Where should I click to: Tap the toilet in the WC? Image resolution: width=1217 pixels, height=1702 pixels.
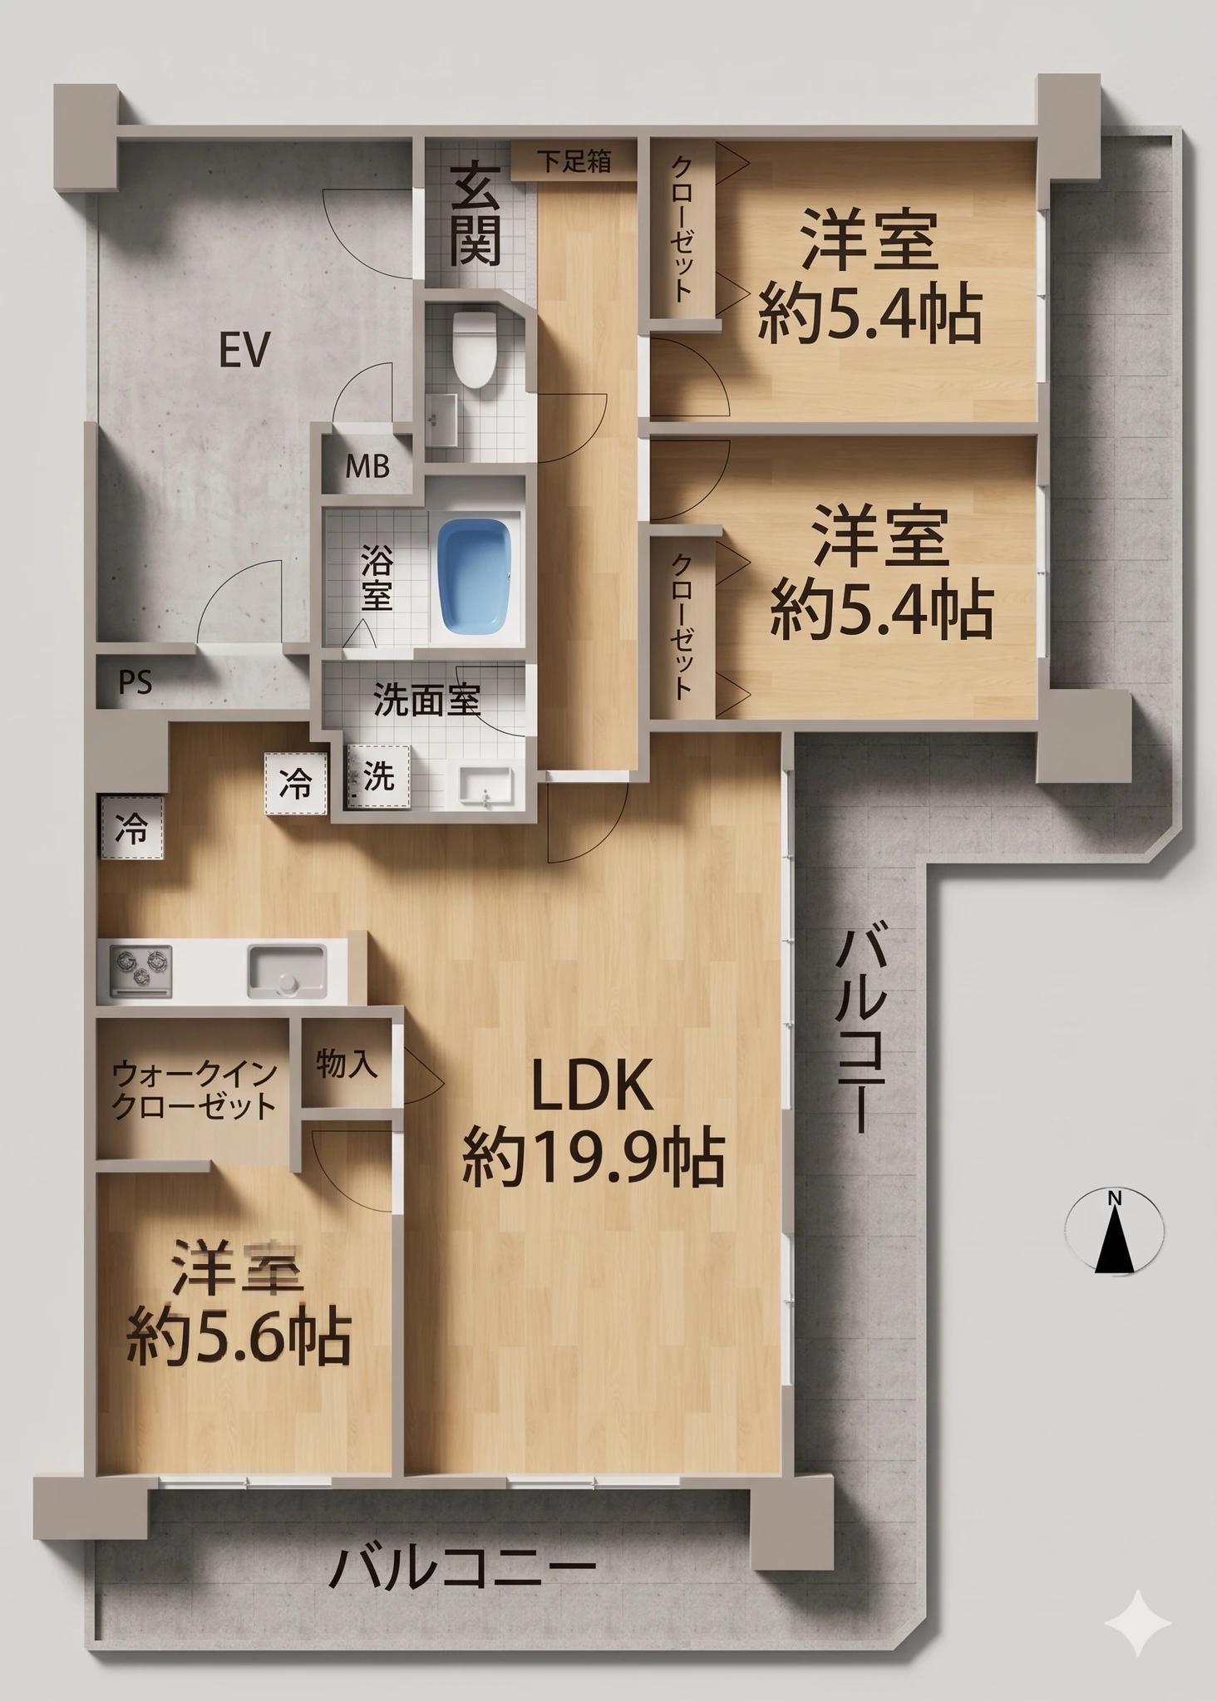coord(474,350)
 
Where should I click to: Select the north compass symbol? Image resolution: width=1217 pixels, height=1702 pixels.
coord(1115,1232)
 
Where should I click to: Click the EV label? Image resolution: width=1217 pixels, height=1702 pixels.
coord(244,350)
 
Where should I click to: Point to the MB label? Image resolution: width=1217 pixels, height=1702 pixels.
coord(367,467)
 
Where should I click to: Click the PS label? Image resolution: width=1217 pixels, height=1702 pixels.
coord(135,682)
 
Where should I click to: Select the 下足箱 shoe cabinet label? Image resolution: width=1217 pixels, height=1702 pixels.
coord(574,161)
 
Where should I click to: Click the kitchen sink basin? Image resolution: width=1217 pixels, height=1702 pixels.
coord(286,971)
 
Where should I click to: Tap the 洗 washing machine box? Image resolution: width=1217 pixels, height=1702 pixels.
coord(378,777)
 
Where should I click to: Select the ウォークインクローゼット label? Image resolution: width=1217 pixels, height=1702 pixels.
coord(194,1091)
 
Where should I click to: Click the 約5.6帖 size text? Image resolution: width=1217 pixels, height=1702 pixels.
coord(239,1338)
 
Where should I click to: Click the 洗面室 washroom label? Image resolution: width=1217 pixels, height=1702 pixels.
coord(426,700)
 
